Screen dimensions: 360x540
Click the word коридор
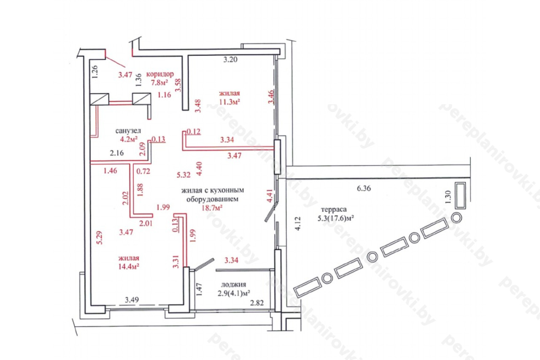pyautogui.click(x=160, y=74)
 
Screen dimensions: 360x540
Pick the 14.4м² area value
pyautogui.click(x=129, y=266)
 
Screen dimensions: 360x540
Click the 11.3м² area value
pyautogui.click(x=229, y=101)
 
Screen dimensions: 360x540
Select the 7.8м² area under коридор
pyautogui.click(x=159, y=82)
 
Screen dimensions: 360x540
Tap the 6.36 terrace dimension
pyautogui.click(x=364, y=189)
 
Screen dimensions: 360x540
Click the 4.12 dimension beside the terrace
pyautogui.click(x=298, y=223)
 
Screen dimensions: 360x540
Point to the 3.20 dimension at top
pyautogui.click(x=230, y=60)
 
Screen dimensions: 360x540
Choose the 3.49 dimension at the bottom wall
pyautogui.click(x=132, y=300)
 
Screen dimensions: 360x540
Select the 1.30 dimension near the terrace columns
pyautogui.click(x=448, y=198)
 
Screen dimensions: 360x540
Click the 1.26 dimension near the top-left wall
pyautogui.click(x=95, y=71)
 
